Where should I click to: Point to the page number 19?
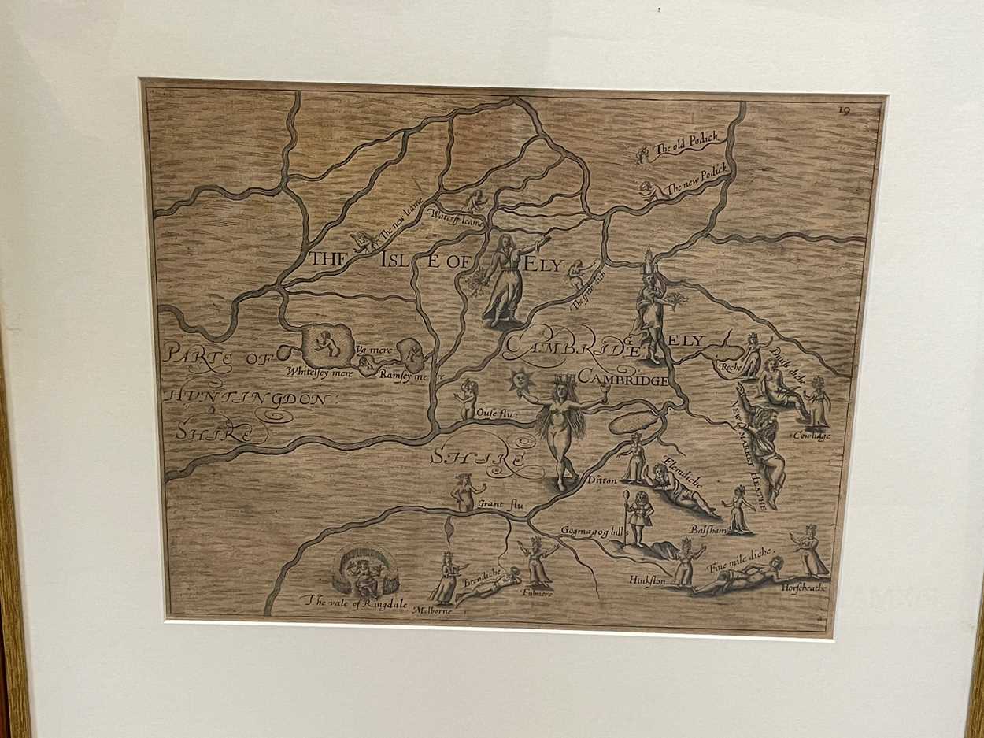pyautogui.click(x=844, y=111)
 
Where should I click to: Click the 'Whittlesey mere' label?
pyautogui.click(x=316, y=372)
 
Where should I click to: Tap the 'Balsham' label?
pyautogui.click(x=707, y=529)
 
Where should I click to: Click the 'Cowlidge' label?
pyautogui.click(x=812, y=435)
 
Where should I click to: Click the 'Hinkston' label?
pyautogui.click(x=647, y=580)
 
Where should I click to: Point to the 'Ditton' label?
pyautogui.click(x=600, y=478)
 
